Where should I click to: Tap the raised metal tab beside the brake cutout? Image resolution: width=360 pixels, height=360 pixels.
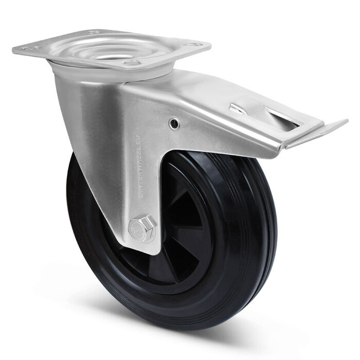pyautogui.click(x=238, y=109)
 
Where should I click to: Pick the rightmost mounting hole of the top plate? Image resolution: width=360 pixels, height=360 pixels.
pyautogui.click(x=194, y=45)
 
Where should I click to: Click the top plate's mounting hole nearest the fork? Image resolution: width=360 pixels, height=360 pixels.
pyautogui.click(x=132, y=63)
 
